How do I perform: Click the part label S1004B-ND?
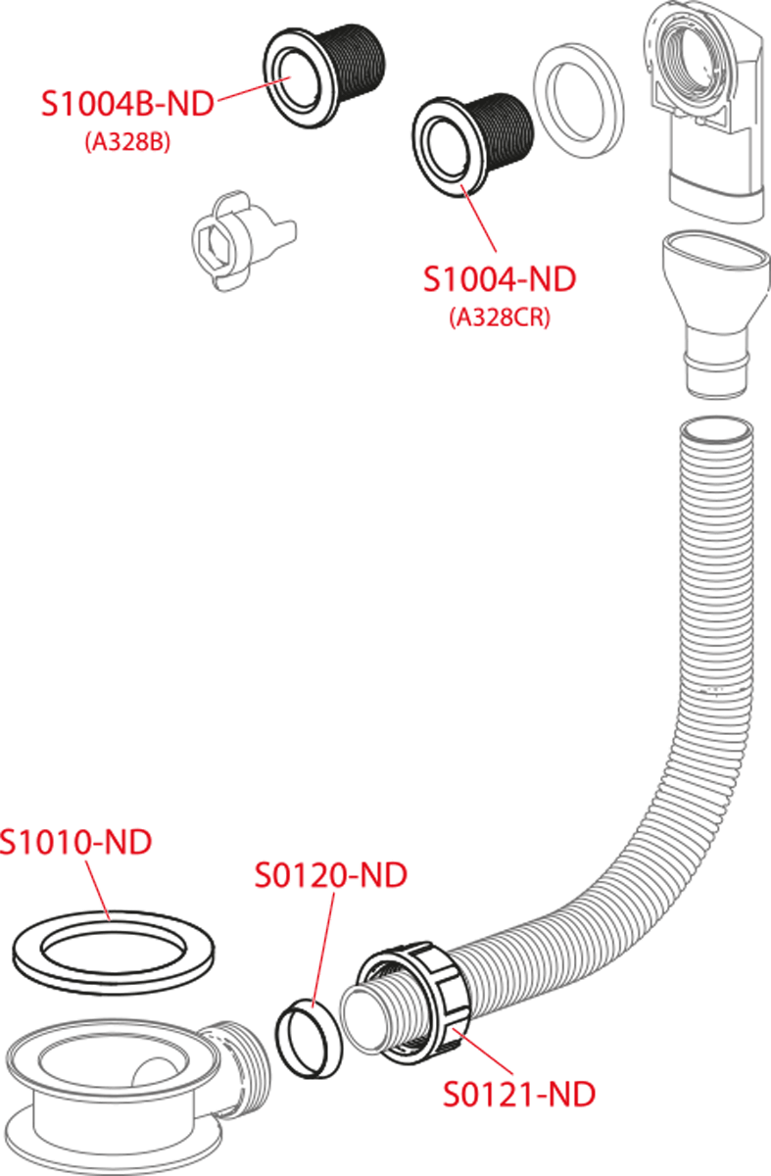[x=126, y=104]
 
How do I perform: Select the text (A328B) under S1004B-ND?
[x=127, y=142]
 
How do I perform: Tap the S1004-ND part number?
[x=500, y=279]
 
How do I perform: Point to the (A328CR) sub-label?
[x=500, y=318]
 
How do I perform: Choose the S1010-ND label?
[x=76, y=842]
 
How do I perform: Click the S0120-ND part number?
[x=331, y=875]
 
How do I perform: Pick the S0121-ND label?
[x=518, y=1094]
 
